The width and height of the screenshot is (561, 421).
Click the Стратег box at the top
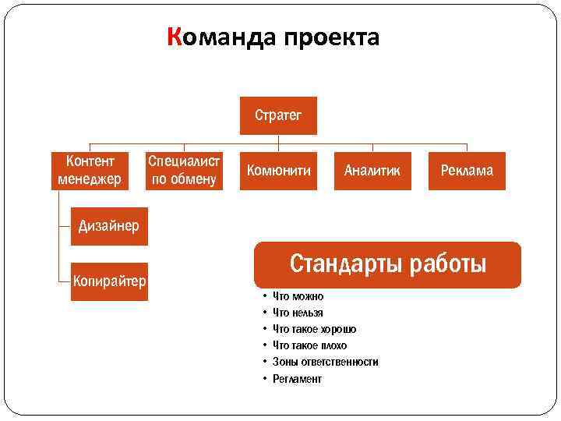pyautogui.click(x=278, y=116)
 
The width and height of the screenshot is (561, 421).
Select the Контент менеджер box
pyautogui.click(x=90, y=171)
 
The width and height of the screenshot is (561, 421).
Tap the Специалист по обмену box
pyautogui.click(x=185, y=171)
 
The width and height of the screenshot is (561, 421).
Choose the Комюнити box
pyautogui.click(x=278, y=171)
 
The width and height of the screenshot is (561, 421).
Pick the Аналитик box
pyautogui.click(x=372, y=171)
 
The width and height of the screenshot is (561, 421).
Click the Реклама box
pyautogui.click(x=467, y=171)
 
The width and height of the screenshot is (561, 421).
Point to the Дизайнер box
pyautogui.click(x=109, y=227)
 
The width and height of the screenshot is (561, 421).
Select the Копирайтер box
pyautogui.click(x=109, y=281)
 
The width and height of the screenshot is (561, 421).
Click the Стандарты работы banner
pyautogui.click(x=387, y=265)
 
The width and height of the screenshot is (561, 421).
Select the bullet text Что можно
pyautogui.click(x=298, y=296)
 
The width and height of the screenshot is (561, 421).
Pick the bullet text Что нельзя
pyautogui.click(x=298, y=313)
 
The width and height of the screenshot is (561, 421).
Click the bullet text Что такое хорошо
pyautogui.click(x=315, y=329)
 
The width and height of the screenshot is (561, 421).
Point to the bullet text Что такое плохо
pyautogui.click(x=309, y=345)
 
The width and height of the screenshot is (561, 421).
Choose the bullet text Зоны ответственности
pyautogui.click(x=325, y=362)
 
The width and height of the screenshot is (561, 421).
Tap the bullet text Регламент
pyautogui.click(x=297, y=379)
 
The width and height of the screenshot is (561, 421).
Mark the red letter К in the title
pyautogui.click(x=175, y=37)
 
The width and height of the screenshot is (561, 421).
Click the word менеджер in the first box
pyautogui.click(x=90, y=180)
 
